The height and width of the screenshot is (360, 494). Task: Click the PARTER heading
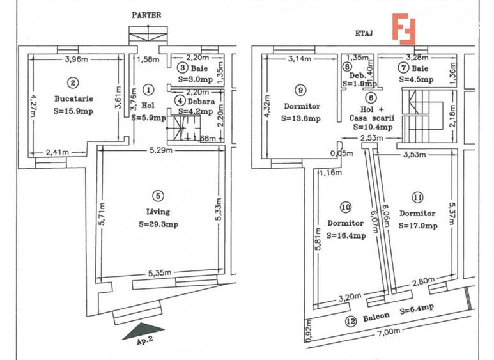(146, 14)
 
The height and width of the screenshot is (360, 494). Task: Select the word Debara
(201, 101)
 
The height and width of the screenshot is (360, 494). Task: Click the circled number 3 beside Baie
(182, 68)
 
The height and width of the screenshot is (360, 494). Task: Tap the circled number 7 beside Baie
(403, 68)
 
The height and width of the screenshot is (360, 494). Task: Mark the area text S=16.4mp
(345, 235)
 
